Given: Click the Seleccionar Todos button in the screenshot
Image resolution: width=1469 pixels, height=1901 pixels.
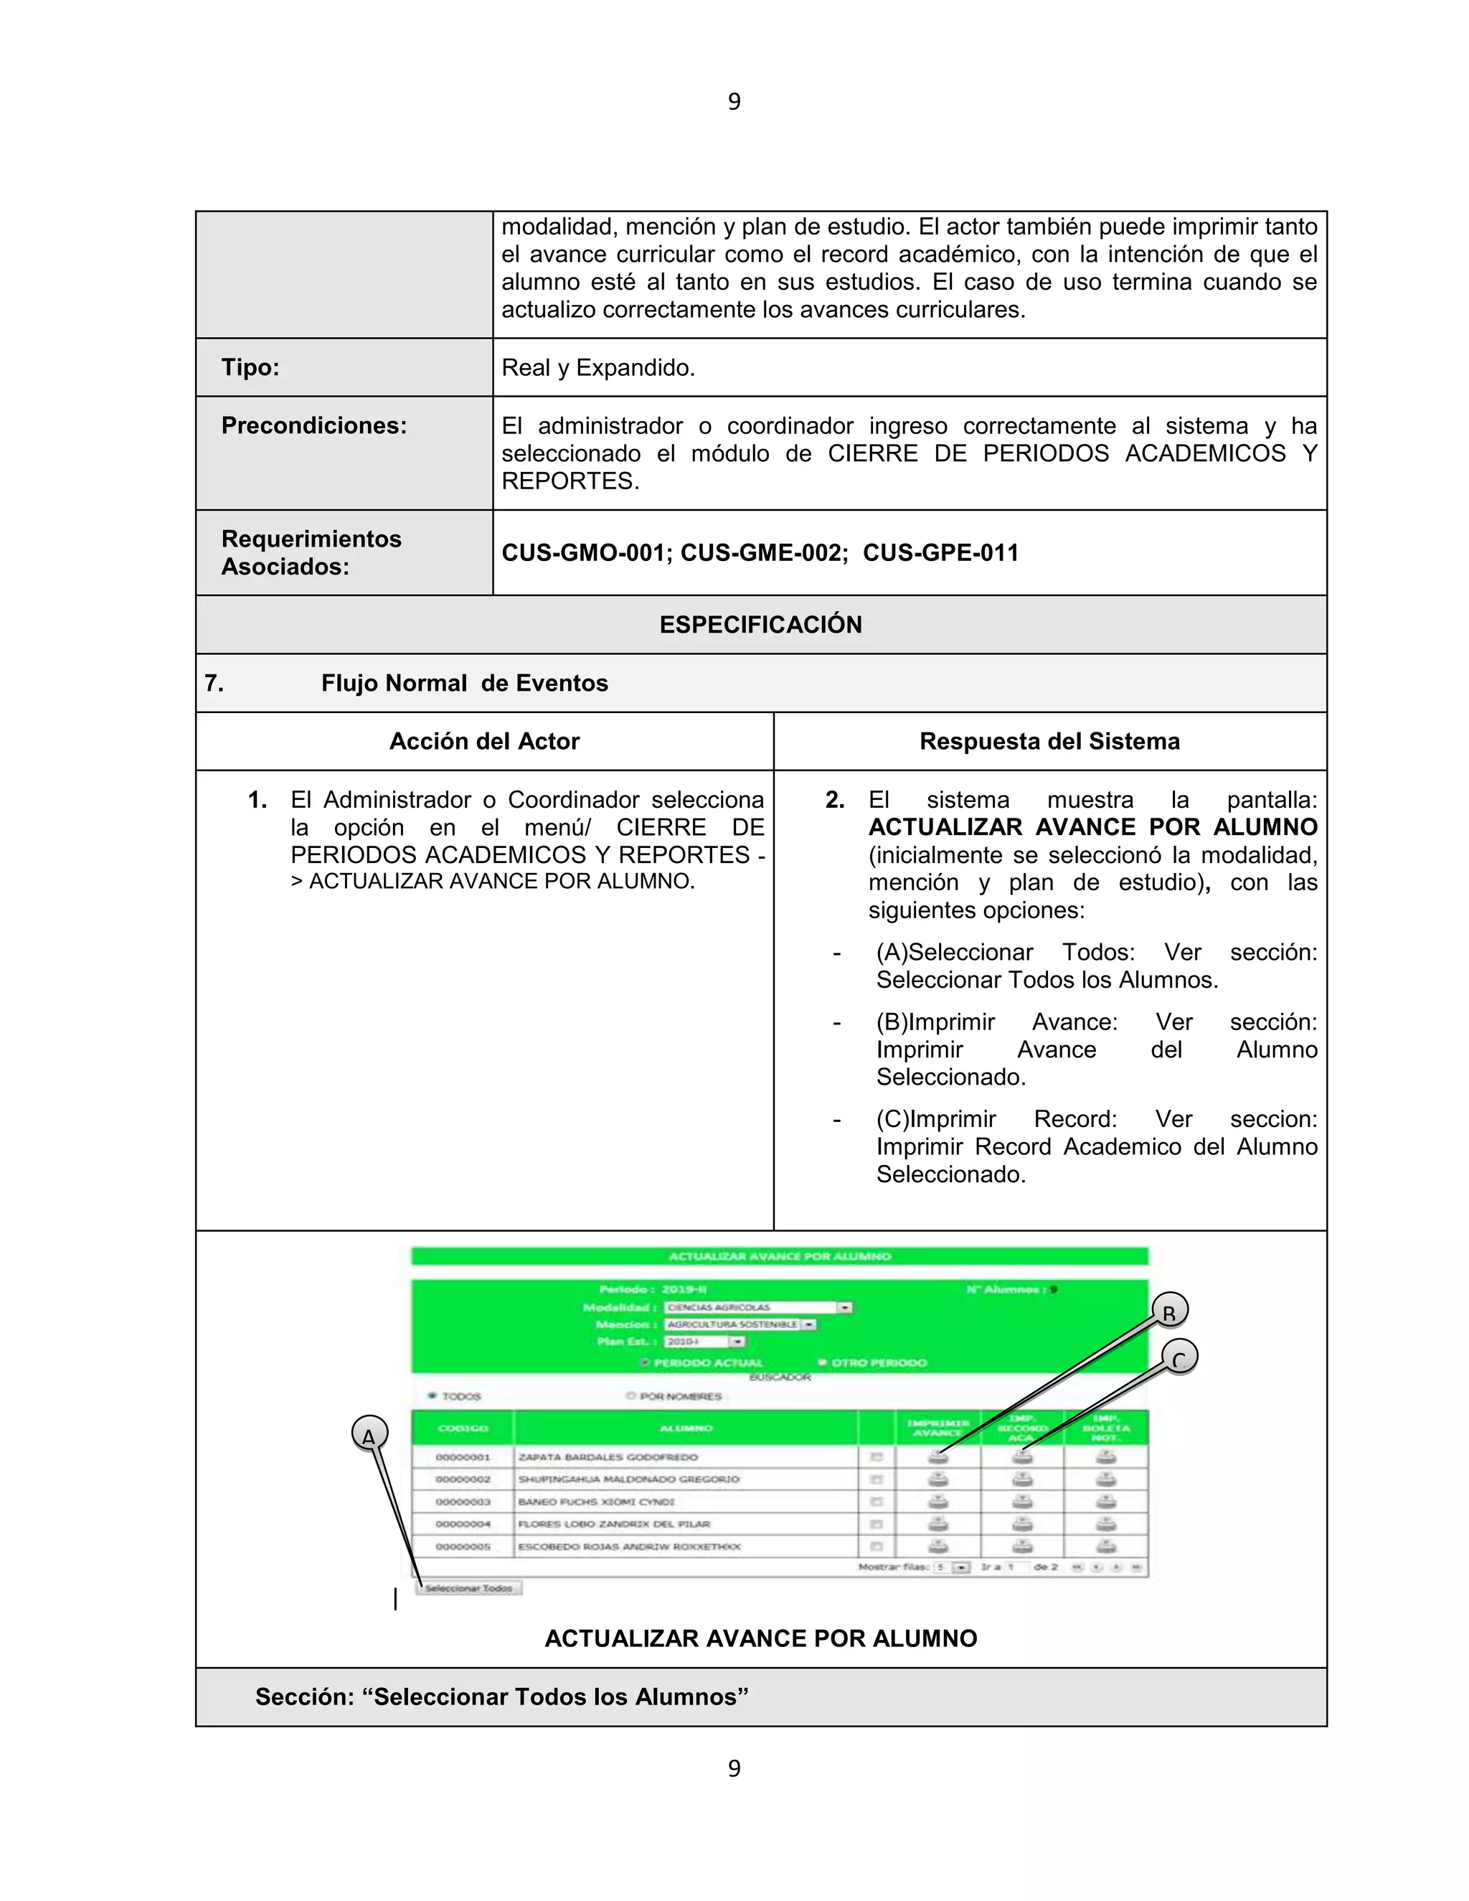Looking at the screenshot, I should [x=468, y=1588].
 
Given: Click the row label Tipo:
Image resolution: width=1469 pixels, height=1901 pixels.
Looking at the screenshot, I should [x=250, y=367].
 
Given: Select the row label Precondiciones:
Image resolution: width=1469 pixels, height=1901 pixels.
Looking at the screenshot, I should [x=314, y=425].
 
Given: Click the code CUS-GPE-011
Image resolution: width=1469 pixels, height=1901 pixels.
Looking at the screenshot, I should [x=941, y=552].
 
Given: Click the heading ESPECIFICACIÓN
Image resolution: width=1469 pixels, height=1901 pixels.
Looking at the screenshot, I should [x=760, y=625].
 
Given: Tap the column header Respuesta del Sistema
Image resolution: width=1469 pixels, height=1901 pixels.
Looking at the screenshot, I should [x=1049, y=742].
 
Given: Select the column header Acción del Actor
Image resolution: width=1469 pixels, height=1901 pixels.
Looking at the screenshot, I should [x=485, y=742].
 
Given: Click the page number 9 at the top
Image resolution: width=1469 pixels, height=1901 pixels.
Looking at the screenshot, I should [x=734, y=102].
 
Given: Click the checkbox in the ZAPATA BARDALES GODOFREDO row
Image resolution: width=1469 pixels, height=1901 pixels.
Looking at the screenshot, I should [x=877, y=1457].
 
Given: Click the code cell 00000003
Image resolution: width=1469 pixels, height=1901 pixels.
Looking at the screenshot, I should [x=463, y=1501].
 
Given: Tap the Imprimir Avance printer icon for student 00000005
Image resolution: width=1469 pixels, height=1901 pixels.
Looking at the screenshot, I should [x=937, y=1546].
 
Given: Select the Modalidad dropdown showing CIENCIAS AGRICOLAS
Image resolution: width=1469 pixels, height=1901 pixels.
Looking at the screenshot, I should [x=758, y=1307].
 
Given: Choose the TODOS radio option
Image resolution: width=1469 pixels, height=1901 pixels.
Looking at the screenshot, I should [x=433, y=1395].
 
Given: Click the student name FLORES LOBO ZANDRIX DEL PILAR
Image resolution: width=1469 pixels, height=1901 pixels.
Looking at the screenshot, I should [x=613, y=1524].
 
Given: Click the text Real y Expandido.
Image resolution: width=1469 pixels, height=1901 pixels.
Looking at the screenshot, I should [x=598, y=367].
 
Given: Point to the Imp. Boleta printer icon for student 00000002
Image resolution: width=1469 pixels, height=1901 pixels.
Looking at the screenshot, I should [x=1105, y=1479].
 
